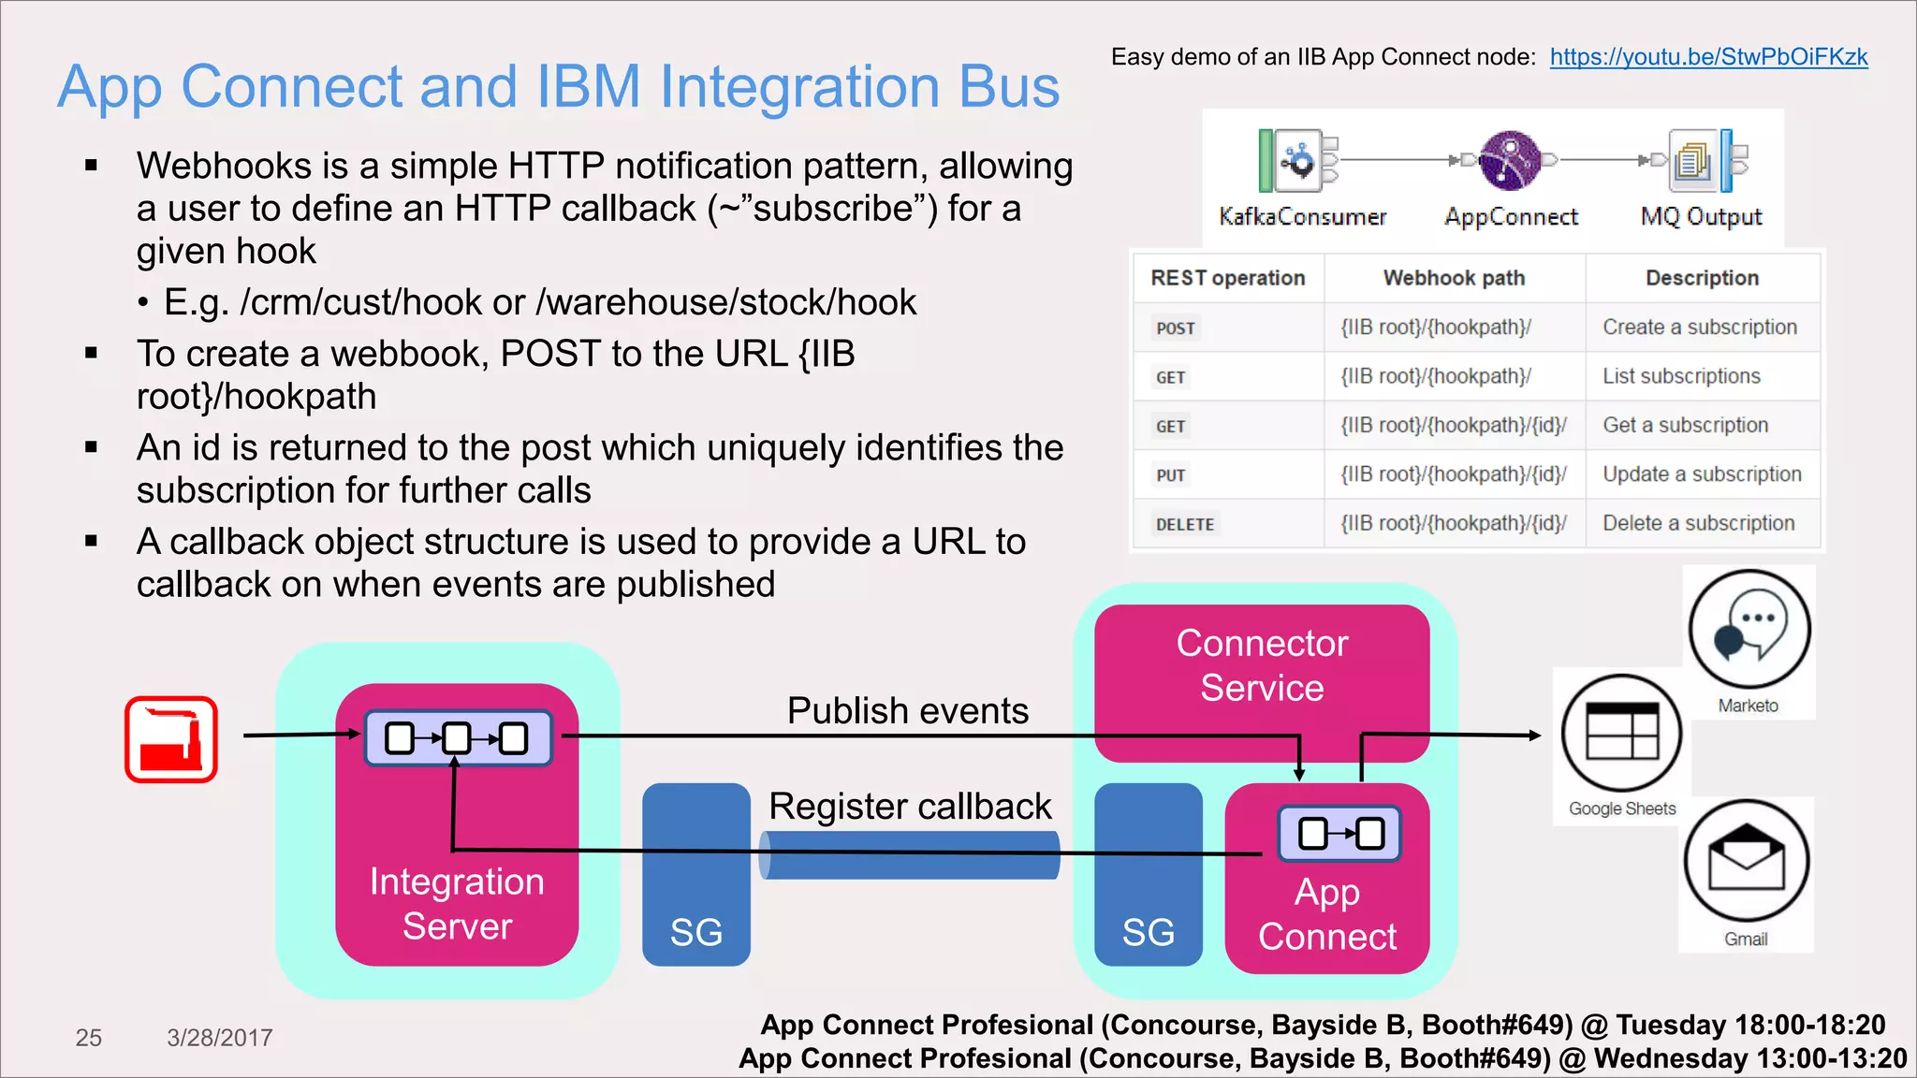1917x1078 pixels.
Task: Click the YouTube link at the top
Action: [x=1708, y=57]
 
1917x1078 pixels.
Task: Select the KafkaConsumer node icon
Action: [x=1296, y=161]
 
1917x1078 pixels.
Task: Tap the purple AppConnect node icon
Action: [x=1510, y=161]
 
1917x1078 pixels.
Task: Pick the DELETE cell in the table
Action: [x=1184, y=524]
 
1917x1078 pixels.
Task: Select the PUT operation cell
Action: [x=1170, y=475]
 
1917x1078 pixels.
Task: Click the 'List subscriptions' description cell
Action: [x=1681, y=376]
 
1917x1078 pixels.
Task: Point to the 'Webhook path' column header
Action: [x=1454, y=278]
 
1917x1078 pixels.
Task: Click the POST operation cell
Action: [x=1175, y=328]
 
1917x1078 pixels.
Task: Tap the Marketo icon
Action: [x=1749, y=630]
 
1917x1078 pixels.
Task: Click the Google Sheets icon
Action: [x=1621, y=734]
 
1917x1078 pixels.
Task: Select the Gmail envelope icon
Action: [x=1746, y=861]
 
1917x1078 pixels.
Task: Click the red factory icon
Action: [x=171, y=738]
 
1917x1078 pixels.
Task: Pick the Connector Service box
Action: [x=1261, y=665]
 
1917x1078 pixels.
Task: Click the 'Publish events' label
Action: [x=907, y=710]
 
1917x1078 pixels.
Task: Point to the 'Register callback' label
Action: [x=910, y=806]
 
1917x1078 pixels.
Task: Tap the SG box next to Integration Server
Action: [x=695, y=875]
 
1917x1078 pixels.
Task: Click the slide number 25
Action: [x=88, y=1037]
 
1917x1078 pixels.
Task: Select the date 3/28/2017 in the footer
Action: [x=219, y=1037]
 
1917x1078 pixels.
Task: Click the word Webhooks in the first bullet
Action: [x=223, y=166]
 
